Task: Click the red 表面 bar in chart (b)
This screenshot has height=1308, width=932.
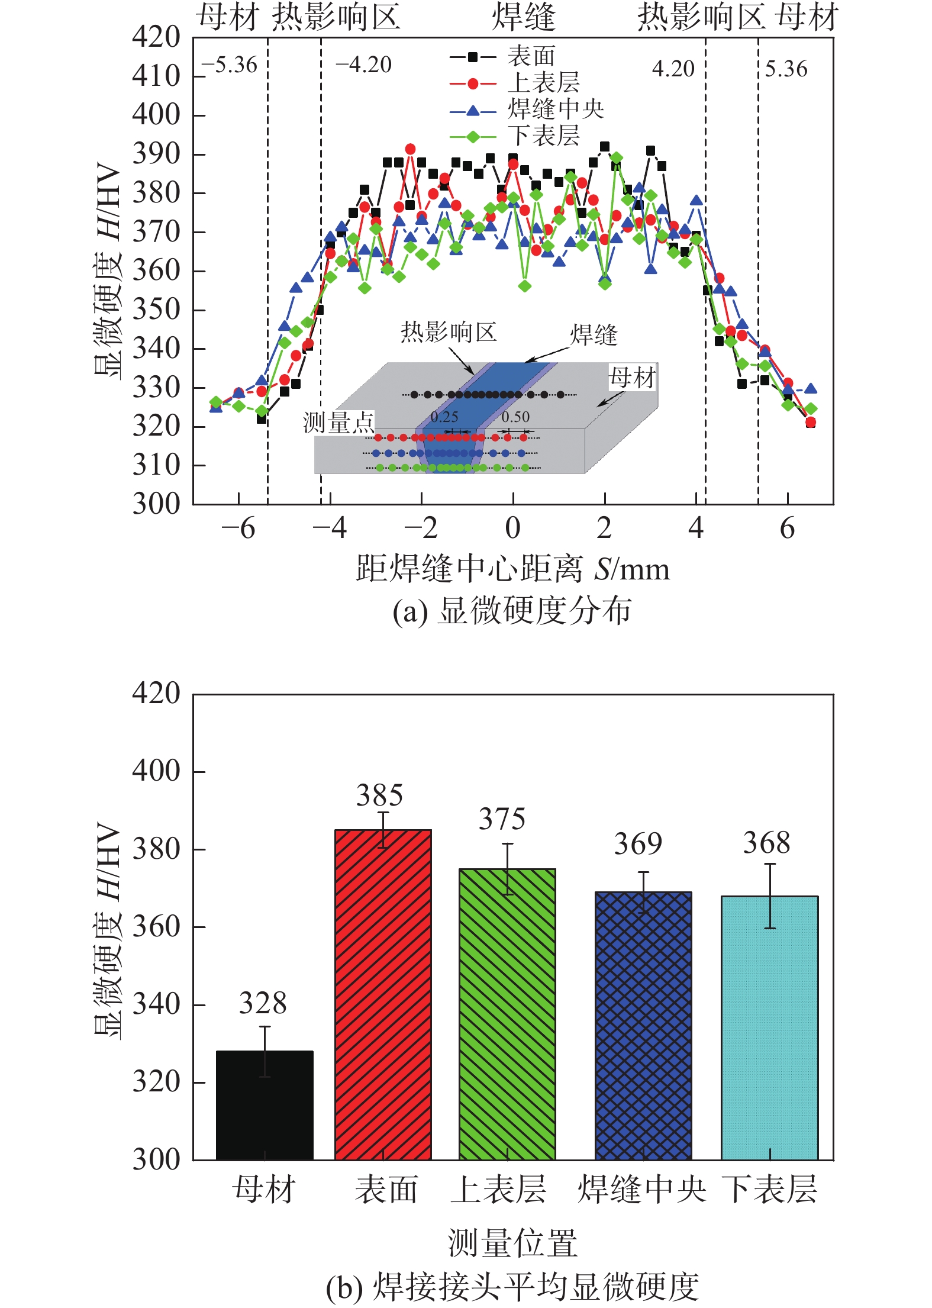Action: [383, 994]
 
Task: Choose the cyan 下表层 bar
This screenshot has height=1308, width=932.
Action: [769, 1027]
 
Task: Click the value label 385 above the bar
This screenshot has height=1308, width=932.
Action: [379, 795]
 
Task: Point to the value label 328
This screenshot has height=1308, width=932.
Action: [263, 1003]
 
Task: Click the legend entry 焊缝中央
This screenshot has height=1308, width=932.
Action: [555, 109]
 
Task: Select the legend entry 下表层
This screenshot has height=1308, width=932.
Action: [543, 136]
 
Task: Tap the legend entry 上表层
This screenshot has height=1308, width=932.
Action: [543, 83]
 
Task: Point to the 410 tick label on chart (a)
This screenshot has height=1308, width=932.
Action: [156, 76]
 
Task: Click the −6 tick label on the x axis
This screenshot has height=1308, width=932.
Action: [238, 528]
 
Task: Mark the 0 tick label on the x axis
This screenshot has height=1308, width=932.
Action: [512, 528]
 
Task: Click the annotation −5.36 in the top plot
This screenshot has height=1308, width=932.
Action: [229, 65]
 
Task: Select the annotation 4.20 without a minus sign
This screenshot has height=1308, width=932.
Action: [673, 69]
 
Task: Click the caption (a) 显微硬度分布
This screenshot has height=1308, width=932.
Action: [512, 611]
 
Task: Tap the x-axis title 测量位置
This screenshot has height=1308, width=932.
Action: [512, 1242]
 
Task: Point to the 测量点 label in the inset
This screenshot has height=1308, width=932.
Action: [338, 423]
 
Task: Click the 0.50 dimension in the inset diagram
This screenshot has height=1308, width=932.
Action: [515, 417]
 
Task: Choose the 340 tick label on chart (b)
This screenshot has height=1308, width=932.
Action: [156, 1004]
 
